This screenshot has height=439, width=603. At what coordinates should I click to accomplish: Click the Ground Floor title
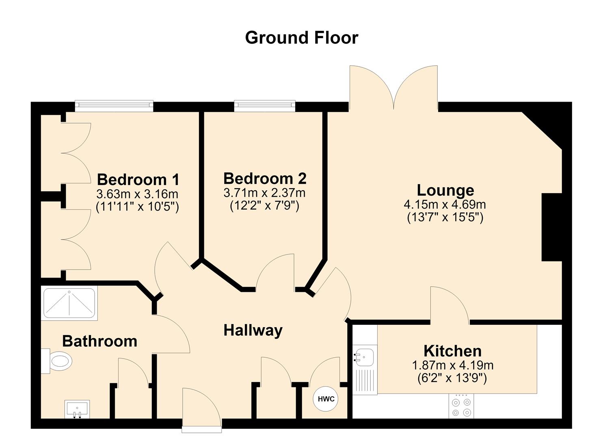coord(301,38)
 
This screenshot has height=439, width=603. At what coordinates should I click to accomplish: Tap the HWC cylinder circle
coord(326,399)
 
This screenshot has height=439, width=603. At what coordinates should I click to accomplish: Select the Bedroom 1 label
coord(138,180)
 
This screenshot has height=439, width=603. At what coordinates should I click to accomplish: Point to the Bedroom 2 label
coord(265,178)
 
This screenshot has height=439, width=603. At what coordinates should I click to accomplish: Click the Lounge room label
coord(445,190)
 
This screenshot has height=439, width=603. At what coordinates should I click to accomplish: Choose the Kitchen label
coord(452,351)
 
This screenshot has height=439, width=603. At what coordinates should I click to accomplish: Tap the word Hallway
coord(253,330)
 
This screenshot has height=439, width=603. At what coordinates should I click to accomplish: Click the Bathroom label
coord(99,341)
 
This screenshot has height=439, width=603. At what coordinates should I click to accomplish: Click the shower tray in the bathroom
coord(69,303)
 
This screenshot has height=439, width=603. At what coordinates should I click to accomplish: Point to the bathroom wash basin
coord(77,409)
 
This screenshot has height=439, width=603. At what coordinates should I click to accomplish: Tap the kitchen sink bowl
coord(365,357)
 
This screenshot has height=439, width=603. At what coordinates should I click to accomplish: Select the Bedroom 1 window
coord(114,106)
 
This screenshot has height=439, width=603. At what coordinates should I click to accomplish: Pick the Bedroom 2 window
coord(265,106)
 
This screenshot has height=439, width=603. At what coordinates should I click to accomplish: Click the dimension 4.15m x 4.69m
coord(445,205)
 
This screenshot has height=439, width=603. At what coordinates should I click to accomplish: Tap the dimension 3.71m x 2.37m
coord(265,193)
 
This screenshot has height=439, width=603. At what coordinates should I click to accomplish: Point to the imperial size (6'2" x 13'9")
coord(452,378)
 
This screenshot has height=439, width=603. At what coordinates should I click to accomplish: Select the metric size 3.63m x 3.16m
coord(137,194)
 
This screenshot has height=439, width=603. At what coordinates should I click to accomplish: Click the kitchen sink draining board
coord(365,380)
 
